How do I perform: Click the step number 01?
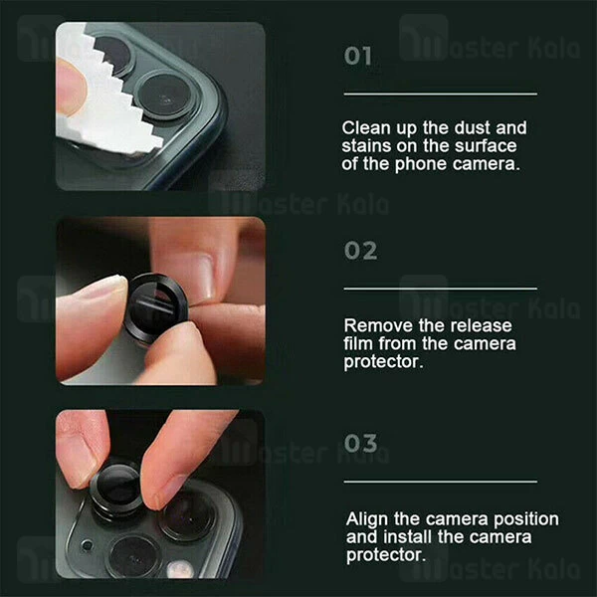357,57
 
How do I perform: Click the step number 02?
360,251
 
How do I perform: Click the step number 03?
360,444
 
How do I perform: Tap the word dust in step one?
472,128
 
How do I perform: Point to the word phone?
421,165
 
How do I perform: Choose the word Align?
367,519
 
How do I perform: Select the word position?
526,519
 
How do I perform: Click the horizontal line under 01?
441,95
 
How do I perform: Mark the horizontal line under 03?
441,482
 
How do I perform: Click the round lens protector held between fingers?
155,307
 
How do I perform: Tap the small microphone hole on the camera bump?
88,545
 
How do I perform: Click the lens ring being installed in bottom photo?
116,490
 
